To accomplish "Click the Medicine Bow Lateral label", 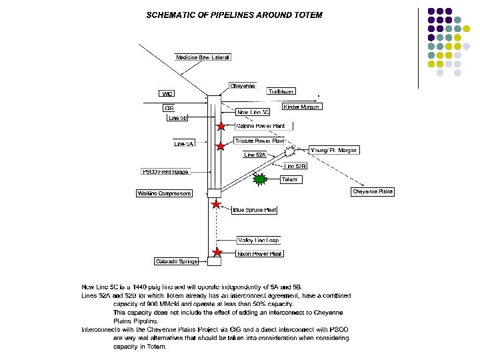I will pyautogui.click(x=203, y=57).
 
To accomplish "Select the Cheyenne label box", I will pyautogui.click(x=242, y=86).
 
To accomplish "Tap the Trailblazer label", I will pyautogui.click(x=281, y=91).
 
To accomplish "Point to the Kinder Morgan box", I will pyautogui.click(x=302, y=107).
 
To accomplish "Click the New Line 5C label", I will pyautogui.click(x=253, y=112).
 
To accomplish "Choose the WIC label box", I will pyautogui.click(x=168, y=94).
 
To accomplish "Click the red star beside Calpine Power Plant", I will pyautogui.click(x=221, y=126).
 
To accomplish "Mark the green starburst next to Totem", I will pyautogui.click(x=261, y=179).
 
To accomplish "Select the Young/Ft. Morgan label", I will pyautogui.click(x=333, y=150).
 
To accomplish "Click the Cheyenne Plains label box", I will pyautogui.click(x=373, y=192).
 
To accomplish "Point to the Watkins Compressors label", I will pyautogui.click(x=164, y=193).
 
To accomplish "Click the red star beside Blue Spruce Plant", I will pyautogui.click(x=215, y=205).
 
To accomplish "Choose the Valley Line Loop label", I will pyautogui.click(x=259, y=240).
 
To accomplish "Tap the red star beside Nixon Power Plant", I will pyautogui.click(x=217, y=252).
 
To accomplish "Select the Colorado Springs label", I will pyautogui.click(x=177, y=261).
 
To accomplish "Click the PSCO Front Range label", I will pyautogui.click(x=165, y=172).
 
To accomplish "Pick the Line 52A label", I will pyautogui.click(x=255, y=155).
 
